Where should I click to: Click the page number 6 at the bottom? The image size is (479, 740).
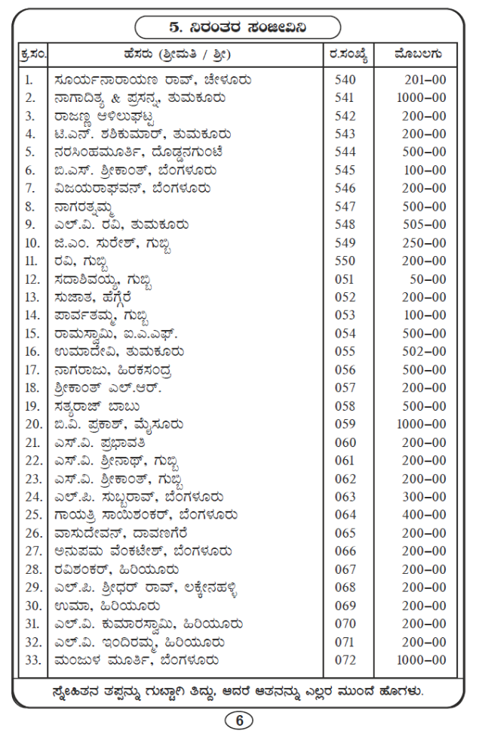[240, 720]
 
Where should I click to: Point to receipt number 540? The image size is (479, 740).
[344, 79]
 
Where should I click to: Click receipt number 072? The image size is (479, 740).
[344, 660]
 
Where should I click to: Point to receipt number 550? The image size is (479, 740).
[344, 261]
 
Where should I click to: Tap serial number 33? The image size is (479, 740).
[30, 660]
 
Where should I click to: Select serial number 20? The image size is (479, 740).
[30, 424]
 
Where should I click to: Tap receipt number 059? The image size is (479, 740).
[344, 424]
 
